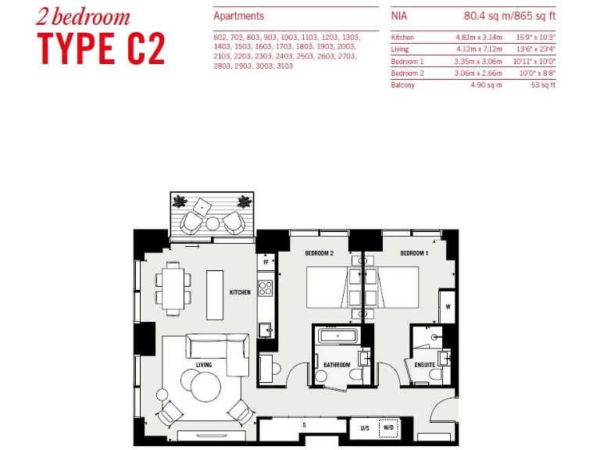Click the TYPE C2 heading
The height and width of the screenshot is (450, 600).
102,48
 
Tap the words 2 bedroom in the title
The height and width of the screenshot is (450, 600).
83,16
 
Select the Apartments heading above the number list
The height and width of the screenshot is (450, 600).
238,16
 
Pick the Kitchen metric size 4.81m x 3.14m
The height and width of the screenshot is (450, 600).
478,37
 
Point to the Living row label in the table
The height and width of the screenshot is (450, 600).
400,49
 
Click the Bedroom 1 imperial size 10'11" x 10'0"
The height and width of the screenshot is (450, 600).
534,61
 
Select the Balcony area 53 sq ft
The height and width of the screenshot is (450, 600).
542,85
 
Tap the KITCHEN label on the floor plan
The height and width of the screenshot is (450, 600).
240,292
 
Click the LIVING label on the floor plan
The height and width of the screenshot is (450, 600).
204,365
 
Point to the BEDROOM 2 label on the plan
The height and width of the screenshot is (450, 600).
319,254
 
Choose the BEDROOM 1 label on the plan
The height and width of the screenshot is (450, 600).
414,254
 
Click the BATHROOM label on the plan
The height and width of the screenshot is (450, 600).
337,365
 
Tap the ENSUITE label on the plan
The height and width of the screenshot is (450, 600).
424,365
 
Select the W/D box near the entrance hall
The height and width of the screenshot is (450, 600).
387,428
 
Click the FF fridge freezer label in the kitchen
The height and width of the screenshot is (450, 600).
266,263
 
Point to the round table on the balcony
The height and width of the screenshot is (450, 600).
212,223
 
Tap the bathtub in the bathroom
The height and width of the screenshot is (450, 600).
337,336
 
